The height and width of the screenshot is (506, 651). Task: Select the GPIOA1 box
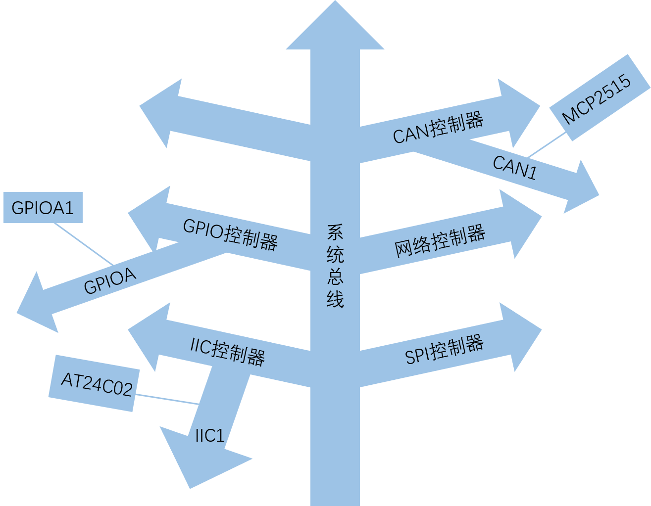pyautogui.click(x=43, y=208)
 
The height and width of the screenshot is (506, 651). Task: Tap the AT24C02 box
pyautogui.click(x=92, y=383)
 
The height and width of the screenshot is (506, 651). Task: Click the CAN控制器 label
pyautogui.click(x=438, y=128)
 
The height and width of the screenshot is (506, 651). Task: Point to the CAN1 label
pyautogui.click(x=515, y=168)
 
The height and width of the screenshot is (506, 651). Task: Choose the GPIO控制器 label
pyautogui.click(x=230, y=234)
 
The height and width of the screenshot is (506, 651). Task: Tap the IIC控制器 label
pyautogui.click(x=228, y=351)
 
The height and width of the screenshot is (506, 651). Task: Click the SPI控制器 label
pyautogui.click(x=444, y=350)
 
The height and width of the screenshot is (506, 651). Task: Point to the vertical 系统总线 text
pyautogui.click(x=335, y=266)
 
